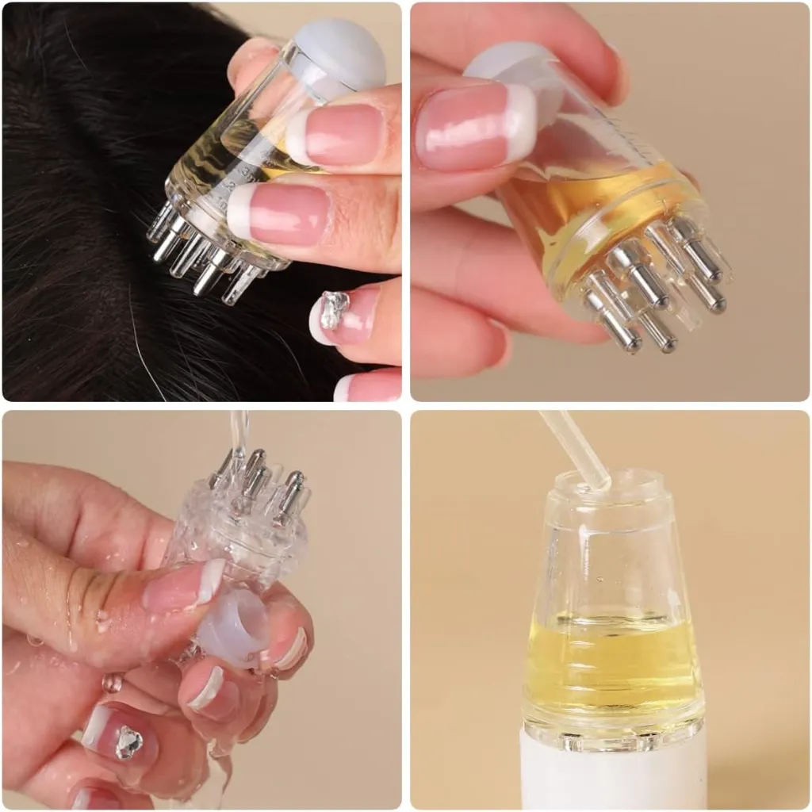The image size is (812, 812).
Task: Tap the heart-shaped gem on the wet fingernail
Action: point(128,742)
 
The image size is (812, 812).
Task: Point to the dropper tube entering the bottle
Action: point(576,449)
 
